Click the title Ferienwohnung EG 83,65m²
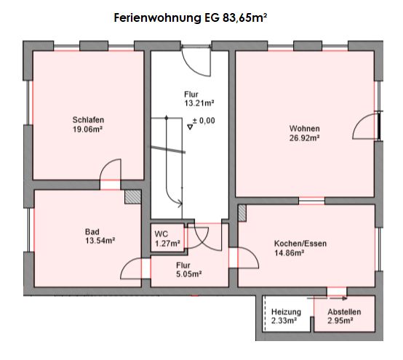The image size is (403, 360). pos(190,18)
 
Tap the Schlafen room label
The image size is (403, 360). pos(88,120)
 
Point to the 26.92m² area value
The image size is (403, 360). pos(305,138)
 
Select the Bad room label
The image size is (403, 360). pos(92,232)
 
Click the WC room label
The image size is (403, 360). pos(161,234)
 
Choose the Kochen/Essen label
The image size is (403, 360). pos(300,244)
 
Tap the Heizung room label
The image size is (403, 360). pos(286,312)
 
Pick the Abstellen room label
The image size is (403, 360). pos(344,312)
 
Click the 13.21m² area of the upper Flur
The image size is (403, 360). pos(199,103)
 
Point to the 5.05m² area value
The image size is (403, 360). pos(189,274)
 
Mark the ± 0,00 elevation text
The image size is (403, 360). pos(204,121)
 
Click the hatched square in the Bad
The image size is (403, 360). pos(133,197)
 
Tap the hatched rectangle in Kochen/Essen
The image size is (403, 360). pos(242,213)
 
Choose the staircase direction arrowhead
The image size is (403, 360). pos(180,204)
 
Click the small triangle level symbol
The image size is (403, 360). pos(190,127)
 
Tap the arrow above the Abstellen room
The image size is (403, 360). pos(338,299)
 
